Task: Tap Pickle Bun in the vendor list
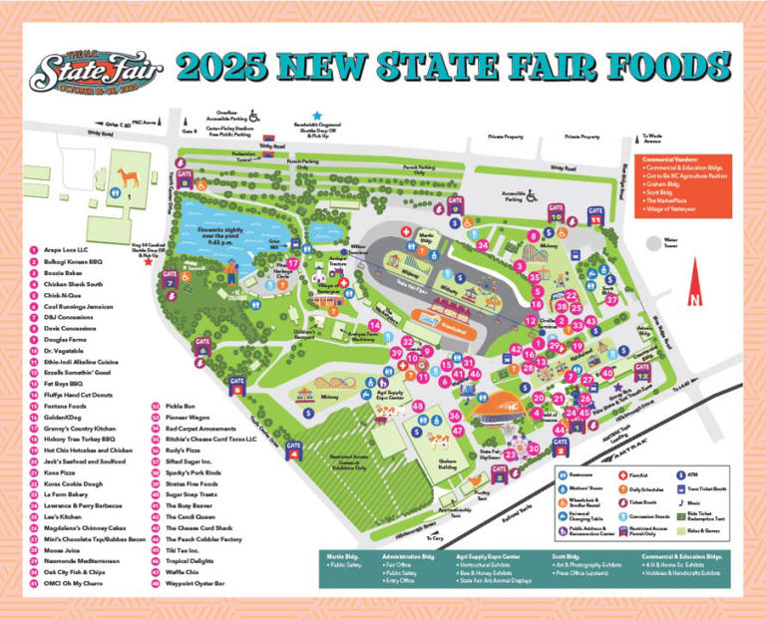point(180,407)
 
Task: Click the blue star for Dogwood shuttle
point(318,116)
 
